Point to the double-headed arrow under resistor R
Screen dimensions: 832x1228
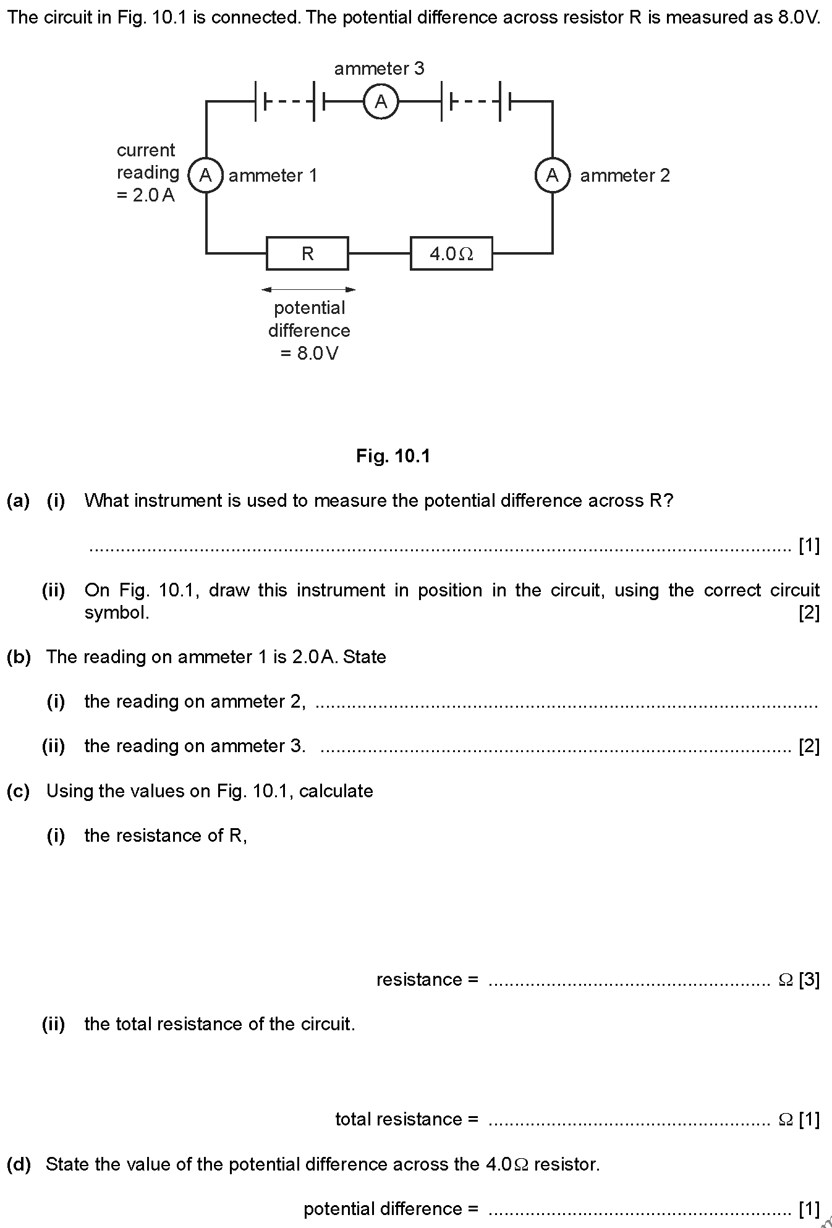pyautogui.click(x=308, y=289)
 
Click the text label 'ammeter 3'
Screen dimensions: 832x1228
pyautogui.click(x=379, y=69)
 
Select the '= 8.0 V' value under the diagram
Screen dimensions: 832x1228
pyautogui.click(x=309, y=354)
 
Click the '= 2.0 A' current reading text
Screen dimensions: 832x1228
pyautogui.click(x=146, y=195)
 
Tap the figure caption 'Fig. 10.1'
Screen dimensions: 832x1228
pyautogui.click(x=393, y=456)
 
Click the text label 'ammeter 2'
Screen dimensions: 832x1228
pyautogui.click(x=625, y=176)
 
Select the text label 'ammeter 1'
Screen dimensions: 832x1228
pyautogui.click(x=273, y=176)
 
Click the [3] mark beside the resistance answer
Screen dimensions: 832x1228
pyautogui.click(x=809, y=980)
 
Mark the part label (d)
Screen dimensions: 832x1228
pyautogui.click(x=19, y=1164)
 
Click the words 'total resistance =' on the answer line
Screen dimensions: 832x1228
pyautogui.click(x=407, y=1119)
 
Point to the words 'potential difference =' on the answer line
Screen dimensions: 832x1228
pyautogui.click(x=391, y=1209)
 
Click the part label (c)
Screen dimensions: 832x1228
pyautogui.click(x=19, y=791)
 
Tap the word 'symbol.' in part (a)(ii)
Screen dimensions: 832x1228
pyautogui.click(x=117, y=613)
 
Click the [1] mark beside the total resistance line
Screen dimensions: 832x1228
pyautogui.click(x=809, y=1119)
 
